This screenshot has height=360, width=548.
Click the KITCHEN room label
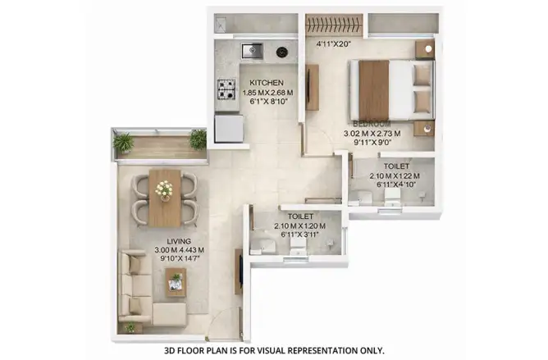(x=267, y=83)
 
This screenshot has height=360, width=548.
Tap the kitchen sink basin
(x=252, y=51)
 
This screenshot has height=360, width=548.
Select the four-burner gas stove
(x=226, y=89)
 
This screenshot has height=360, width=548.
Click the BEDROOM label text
(x=372, y=124)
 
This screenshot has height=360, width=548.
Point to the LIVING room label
(x=179, y=241)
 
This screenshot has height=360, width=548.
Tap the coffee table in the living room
(x=176, y=282)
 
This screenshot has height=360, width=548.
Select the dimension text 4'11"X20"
(x=333, y=44)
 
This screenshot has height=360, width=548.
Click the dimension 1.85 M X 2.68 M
(x=267, y=93)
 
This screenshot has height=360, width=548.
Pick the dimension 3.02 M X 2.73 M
(x=372, y=133)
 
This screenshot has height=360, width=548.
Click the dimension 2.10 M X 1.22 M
(x=395, y=175)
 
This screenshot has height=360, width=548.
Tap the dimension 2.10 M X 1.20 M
(x=300, y=226)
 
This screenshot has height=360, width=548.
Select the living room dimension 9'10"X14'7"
(x=180, y=258)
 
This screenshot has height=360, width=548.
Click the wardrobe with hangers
(x=333, y=25)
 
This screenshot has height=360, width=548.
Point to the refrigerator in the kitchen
(x=229, y=129)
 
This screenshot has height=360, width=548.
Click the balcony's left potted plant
(x=123, y=143)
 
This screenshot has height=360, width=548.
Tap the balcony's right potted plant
(x=199, y=139)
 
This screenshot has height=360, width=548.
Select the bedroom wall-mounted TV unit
(x=312, y=88)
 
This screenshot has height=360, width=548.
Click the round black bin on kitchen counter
(x=282, y=52)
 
